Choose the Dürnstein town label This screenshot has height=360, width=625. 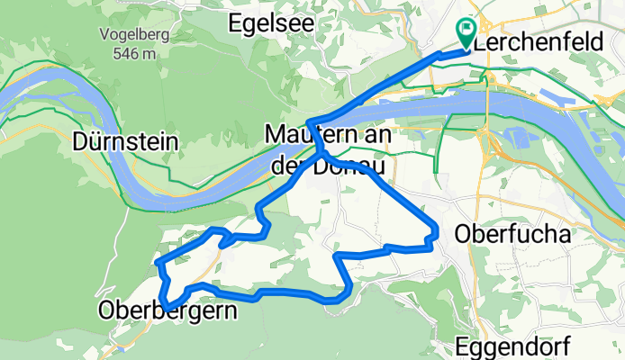(126, 142)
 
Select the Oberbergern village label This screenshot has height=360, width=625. (168, 312)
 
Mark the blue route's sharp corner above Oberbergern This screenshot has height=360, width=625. (159, 262)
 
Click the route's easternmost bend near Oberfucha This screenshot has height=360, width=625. (437, 232)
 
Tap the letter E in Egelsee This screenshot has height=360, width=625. (236, 22)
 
